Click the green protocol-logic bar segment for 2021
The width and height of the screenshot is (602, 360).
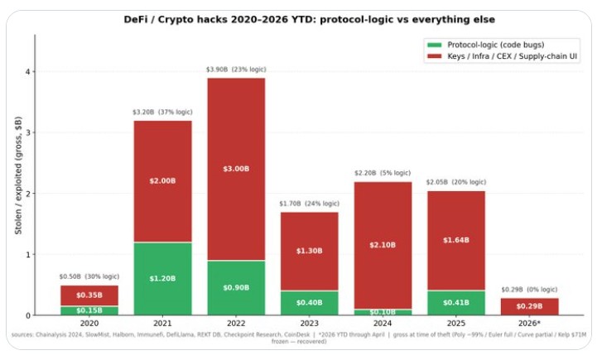[x=162, y=279]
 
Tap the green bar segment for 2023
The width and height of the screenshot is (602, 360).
[x=310, y=303]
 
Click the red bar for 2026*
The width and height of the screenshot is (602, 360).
[x=530, y=306]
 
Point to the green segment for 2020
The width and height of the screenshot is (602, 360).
[x=89, y=310]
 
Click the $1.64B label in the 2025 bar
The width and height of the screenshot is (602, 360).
[x=456, y=240]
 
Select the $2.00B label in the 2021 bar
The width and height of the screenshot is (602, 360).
[x=162, y=181]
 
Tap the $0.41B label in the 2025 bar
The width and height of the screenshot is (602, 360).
[x=456, y=303]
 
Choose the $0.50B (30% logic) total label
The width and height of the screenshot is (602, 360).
[x=89, y=276]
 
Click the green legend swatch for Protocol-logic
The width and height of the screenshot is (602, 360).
[x=433, y=43]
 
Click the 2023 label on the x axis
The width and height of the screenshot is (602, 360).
[x=310, y=324]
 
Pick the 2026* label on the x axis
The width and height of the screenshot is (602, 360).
[x=530, y=324]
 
